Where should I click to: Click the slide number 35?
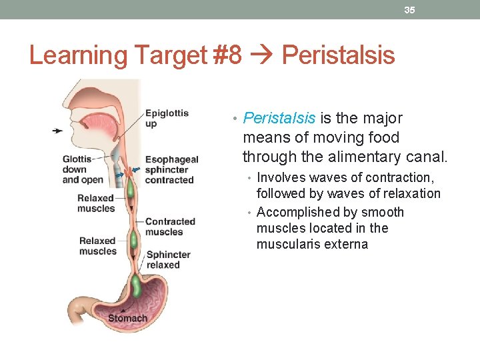[409, 10]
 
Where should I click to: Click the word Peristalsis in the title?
[339, 55]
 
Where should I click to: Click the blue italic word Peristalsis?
[279, 119]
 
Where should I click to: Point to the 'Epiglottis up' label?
[167, 118]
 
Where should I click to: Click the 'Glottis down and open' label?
[82, 169]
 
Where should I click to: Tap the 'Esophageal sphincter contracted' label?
[171, 169]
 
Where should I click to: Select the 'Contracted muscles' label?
[170, 227]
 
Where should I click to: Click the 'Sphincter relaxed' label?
[168, 259]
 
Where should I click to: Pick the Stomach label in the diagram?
[127, 318]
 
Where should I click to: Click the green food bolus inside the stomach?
[137, 286]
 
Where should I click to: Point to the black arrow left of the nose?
[58, 131]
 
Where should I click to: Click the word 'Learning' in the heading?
[73, 55]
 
